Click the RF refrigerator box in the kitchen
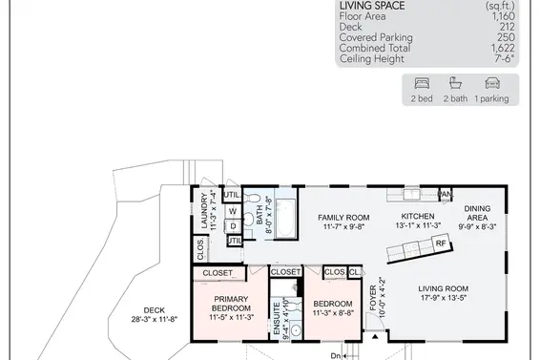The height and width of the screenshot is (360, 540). tap(441, 244)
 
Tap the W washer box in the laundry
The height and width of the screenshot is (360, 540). tap(233, 211)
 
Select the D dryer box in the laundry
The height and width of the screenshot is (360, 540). tap(233, 226)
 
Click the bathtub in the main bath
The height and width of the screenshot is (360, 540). tap(285, 218)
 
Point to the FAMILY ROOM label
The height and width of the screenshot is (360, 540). tap(343, 218)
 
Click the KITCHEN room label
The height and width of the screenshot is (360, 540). tap(418, 216)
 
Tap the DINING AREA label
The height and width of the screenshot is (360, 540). tap(477, 213)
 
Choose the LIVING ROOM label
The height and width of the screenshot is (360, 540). tap(444, 288)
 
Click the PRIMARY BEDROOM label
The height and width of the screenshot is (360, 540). tap(231, 304)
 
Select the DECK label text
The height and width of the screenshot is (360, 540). tap(155, 310)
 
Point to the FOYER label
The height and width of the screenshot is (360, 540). tap(373, 298)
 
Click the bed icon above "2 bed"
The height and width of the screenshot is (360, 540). tap(422, 83)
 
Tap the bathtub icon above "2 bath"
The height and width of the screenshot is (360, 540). tap(455, 83)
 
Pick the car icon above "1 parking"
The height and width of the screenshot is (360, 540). tap(492, 83)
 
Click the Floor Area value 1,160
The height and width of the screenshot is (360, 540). tap(503, 16)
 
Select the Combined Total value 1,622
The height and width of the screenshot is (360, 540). tap(503, 48)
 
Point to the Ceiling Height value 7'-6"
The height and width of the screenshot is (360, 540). tap(505, 58)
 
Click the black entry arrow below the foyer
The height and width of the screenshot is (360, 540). tap(375, 336)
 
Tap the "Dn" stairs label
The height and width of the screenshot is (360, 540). tap(336, 356)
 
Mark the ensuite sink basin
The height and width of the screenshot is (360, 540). tap(296, 330)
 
